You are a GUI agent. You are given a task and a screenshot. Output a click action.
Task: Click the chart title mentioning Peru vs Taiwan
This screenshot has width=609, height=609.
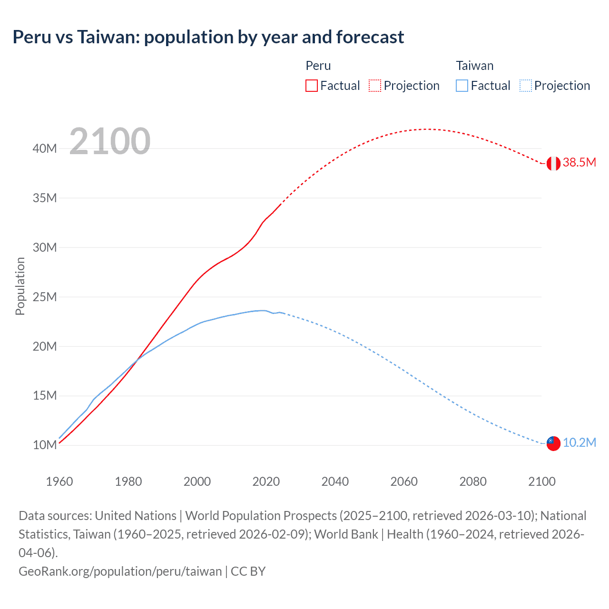[x=208, y=37]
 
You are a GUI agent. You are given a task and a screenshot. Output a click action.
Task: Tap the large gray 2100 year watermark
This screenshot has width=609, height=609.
[x=110, y=141]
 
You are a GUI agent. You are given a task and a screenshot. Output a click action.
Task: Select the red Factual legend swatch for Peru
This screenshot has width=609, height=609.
[x=311, y=86]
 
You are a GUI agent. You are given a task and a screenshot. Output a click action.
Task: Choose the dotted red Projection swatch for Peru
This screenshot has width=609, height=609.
[x=375, y=86]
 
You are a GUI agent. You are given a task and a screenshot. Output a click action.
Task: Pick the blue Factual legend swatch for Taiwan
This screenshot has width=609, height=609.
[x=462, y=86]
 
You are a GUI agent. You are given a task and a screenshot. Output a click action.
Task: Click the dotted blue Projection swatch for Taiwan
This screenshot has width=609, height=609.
[x=525, y=86]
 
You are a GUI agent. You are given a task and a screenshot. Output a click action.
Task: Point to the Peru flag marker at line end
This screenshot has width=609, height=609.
[x=553, y=163]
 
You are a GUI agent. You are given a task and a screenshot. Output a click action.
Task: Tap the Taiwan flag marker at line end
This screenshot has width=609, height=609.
[x=553, y=443]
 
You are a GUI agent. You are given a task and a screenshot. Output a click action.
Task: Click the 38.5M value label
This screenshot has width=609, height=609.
[x=579, y=163]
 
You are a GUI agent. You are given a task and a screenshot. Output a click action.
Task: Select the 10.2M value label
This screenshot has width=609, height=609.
[x=579, y=443]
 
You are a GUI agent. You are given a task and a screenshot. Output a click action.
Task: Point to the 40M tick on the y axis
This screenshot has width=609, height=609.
[x=45, y=148]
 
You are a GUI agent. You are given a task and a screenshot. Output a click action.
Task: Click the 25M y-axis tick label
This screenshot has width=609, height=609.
[x=45, y=297]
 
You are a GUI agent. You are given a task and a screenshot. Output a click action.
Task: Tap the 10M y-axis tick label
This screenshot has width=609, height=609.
[x=45, y=445]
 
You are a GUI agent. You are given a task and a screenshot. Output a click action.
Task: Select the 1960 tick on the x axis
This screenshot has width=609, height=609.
[x=59, y=481]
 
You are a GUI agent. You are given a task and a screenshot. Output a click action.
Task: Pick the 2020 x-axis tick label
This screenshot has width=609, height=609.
[x=266, y=481]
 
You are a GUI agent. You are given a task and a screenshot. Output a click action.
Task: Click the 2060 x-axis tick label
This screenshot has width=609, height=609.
[x=404, y=481]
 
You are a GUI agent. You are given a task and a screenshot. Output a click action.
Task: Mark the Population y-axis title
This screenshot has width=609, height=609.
[x=20, y=286]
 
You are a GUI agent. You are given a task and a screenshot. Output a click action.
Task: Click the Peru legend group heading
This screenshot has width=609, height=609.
[x=318, y=66]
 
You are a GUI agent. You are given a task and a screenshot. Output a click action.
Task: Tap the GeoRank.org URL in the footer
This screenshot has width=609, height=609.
[x=120, y=571]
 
